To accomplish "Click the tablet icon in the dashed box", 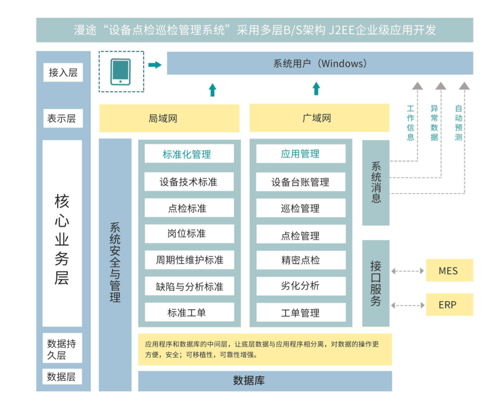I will [121, 72].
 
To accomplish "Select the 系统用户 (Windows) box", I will [320, 63].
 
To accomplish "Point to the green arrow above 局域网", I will [212, 90].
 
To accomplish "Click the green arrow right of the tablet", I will [155, 65].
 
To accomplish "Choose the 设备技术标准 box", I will [189, 182].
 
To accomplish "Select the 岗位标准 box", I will [189, 234].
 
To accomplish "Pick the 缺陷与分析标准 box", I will [189, 286].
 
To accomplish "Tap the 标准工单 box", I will [189, 312].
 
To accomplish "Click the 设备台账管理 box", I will [300, 182].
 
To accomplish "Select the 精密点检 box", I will [300, 260].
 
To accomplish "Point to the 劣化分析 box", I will [300, 286].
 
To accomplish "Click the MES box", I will [449, 271].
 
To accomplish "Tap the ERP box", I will [449, 305].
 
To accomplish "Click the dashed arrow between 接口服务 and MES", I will [408, 271].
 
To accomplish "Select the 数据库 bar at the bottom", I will [265, 381].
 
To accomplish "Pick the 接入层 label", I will [63, 73].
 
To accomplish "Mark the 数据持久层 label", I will [62, 349].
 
